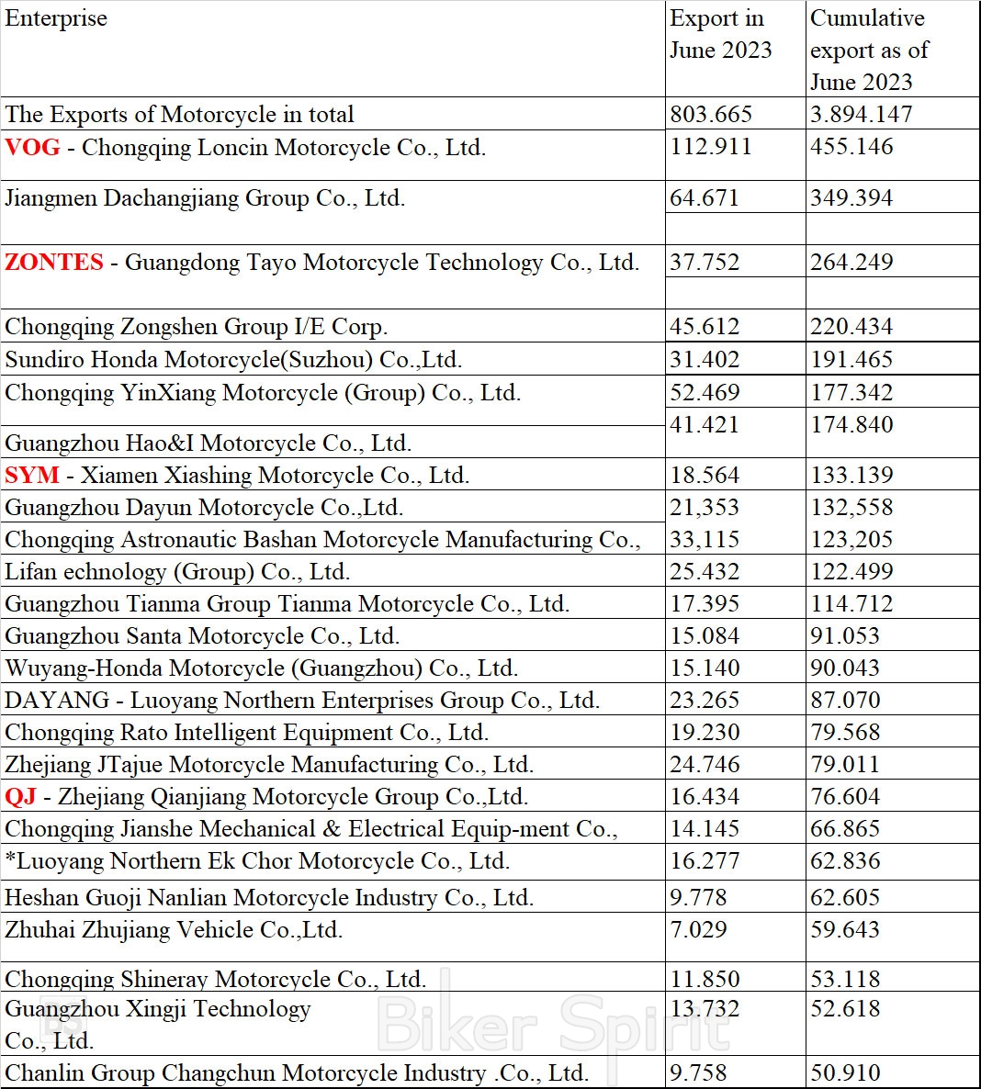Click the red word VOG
point(32,147)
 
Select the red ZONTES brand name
point(54,263)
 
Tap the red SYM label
point(32,476)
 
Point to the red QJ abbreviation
point(20,797)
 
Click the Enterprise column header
point(56,18)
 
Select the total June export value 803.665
point(711,115)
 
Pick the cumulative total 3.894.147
point(862,115)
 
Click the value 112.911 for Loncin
point(711,147)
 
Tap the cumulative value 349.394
point(851,198)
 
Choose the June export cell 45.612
point(705,327)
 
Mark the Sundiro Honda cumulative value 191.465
point(851,360)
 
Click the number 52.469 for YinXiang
point(705,393)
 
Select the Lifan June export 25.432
point(705,572)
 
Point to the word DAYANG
point(57,701)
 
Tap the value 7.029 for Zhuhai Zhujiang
point(698,930)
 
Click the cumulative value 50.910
point(845,1073)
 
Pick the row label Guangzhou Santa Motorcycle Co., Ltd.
point(202,636)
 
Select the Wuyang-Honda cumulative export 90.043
point(845,668)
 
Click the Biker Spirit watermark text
point(551,1024)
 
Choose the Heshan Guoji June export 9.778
point(698,898)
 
